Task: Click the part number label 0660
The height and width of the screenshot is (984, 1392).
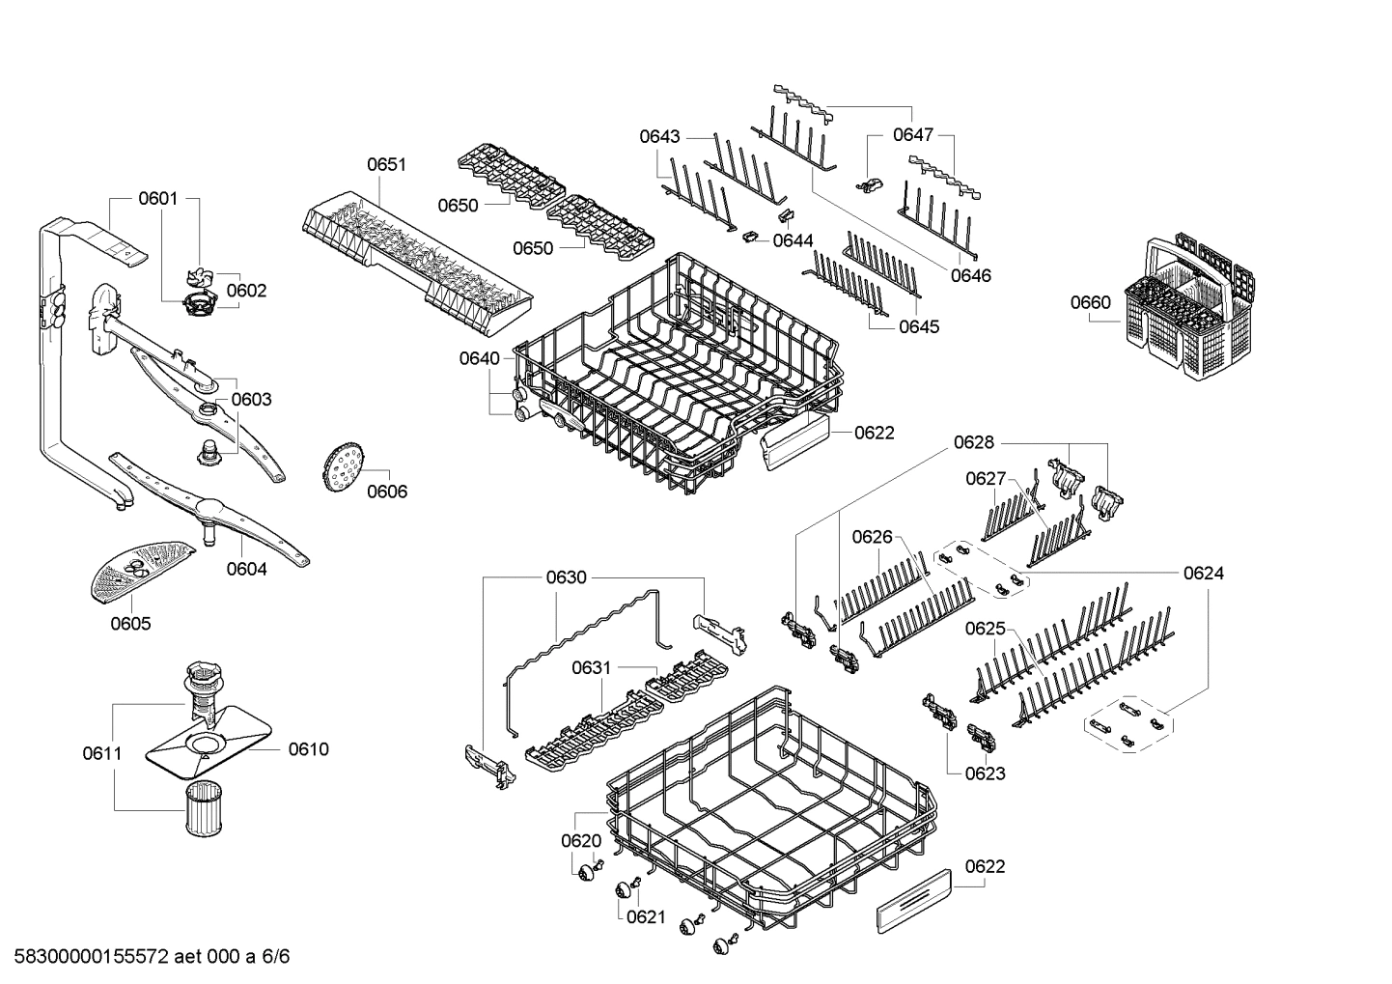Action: [1090, 302]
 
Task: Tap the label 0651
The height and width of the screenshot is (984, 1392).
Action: [386, 164]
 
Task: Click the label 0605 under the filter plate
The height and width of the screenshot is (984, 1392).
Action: [130, 624]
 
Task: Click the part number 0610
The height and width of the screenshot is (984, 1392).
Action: [308, 748]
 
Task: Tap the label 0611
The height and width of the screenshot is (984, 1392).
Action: [101, 752]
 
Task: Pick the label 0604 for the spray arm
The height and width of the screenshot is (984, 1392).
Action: [246, 569]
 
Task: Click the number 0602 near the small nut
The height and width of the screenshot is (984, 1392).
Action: [246, 290]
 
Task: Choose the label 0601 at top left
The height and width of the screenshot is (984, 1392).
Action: [157, 198]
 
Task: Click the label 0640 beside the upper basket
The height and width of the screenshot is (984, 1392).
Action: [479, 358]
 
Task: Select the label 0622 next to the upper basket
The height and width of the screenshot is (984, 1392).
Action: [874, 433]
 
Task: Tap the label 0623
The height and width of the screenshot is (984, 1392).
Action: [985, 773]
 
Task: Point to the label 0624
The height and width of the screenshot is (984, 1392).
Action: [1203, 573]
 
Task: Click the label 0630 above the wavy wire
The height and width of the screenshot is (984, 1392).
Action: [566, 577]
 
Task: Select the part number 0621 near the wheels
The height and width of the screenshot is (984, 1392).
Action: [645, 916]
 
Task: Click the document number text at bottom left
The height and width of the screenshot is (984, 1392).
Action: [146, 957]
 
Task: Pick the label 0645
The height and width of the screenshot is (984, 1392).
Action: [918, 326]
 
